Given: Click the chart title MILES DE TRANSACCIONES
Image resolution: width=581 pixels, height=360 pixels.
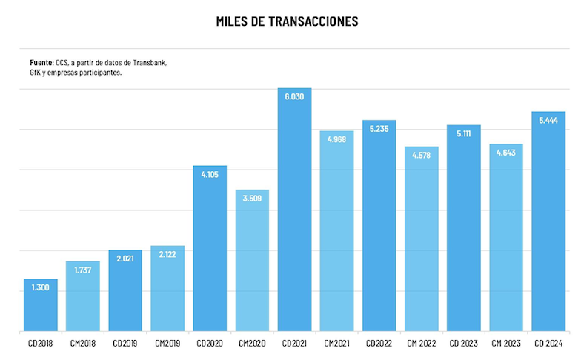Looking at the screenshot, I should pyautogui.click(x=287, y=21).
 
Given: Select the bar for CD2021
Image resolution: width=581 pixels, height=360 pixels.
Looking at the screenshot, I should pyautogui.click(x=294, y=222).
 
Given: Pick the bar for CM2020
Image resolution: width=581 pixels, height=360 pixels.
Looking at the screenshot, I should pyautogui.click(x=252, y=267).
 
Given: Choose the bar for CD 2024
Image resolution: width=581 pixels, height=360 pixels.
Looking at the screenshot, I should pyautogui.click(x=548, y=230).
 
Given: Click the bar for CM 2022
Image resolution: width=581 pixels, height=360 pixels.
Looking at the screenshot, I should pyautogui.click(x=421, y=244).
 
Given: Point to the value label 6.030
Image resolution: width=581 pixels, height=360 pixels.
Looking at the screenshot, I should pyautogui.click(x=294, y=97).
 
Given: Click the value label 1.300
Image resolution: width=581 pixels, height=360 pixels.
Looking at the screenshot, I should pyautogui.click(x=40, y=287).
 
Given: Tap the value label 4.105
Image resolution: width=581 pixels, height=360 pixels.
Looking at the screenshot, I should pyautogui.click(x=210, y=174).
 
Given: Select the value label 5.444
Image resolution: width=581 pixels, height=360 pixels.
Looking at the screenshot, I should pyautogui.click(x=548, y=120).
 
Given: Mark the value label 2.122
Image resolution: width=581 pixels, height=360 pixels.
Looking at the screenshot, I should pyautogui.click(x=167, y=255).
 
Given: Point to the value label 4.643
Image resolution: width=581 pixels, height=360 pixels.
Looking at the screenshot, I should pyautogui.click(x=506, y=153).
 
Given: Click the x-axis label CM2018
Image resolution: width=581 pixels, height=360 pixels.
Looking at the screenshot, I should pyautogui.click(x=82, y=344).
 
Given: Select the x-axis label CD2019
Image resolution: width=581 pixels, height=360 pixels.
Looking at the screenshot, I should pyautogui.click(x=124, y=344).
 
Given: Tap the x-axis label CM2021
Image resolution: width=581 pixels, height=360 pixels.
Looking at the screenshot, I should pyautogui.click(x=336, y=344).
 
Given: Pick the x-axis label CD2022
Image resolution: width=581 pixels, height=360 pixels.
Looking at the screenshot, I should pyautogui.click(x=379, y=344).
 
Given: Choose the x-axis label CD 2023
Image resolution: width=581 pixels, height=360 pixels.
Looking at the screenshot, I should pyautogui.click(x=463, y=344).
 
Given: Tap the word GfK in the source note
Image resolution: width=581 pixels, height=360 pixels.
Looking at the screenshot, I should pyautogui.click(x=35, y=73).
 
